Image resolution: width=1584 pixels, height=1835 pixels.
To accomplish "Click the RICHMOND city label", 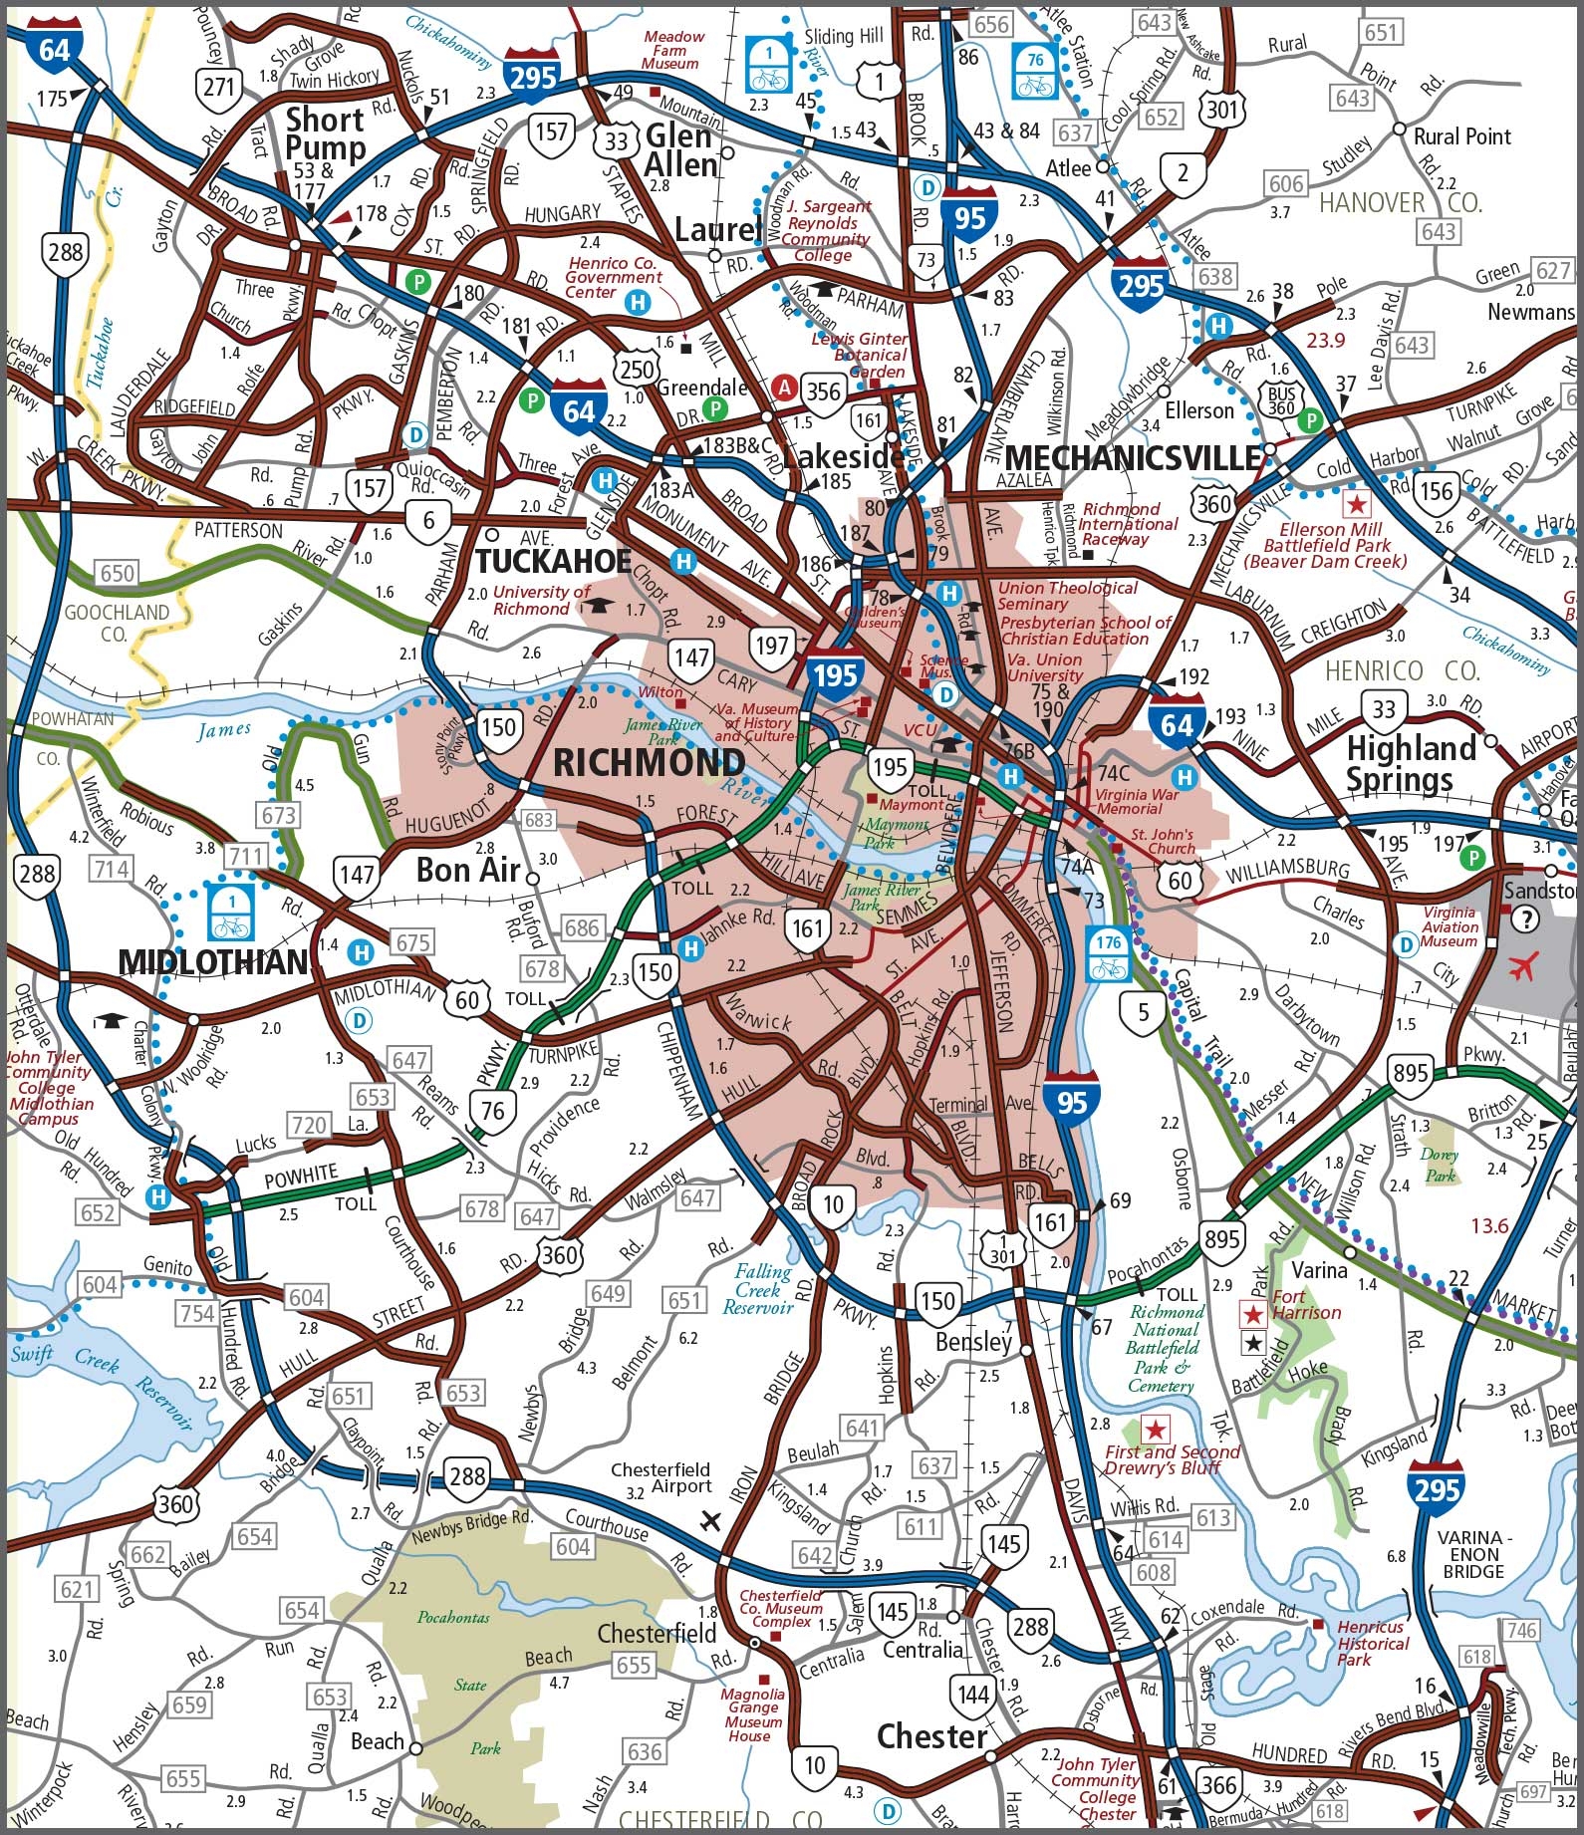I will coord(649,763).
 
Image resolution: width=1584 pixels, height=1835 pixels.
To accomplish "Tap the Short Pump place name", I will coord(325,133).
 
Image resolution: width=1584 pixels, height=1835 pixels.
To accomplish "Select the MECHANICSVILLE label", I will coord(1133,457).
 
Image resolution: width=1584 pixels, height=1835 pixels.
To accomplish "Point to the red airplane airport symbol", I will coord(1524,965).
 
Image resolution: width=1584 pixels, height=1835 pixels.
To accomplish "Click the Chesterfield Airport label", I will coord(660,1477).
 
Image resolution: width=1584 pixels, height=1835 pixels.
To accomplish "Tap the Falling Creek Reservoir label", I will coord(762,1288).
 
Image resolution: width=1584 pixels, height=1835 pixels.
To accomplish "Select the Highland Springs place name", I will coord(1411,763).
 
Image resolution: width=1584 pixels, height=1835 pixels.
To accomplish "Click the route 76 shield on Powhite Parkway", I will coord(492,1109).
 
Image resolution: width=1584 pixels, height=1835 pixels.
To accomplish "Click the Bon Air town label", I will coord(468,870).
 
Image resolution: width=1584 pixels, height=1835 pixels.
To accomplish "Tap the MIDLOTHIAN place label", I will coord(213,961).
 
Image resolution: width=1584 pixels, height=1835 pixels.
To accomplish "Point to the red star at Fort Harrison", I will coord(1253,1315).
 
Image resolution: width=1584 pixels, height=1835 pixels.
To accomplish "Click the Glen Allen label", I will coord(680,149).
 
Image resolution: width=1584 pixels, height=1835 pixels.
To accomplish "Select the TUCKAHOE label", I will coord(553,561).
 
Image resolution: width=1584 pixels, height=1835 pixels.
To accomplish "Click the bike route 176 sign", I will coord(1108,954).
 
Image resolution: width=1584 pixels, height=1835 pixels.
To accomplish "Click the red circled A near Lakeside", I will coord(785,387).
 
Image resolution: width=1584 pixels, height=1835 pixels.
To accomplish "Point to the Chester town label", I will coord(931,1736).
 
